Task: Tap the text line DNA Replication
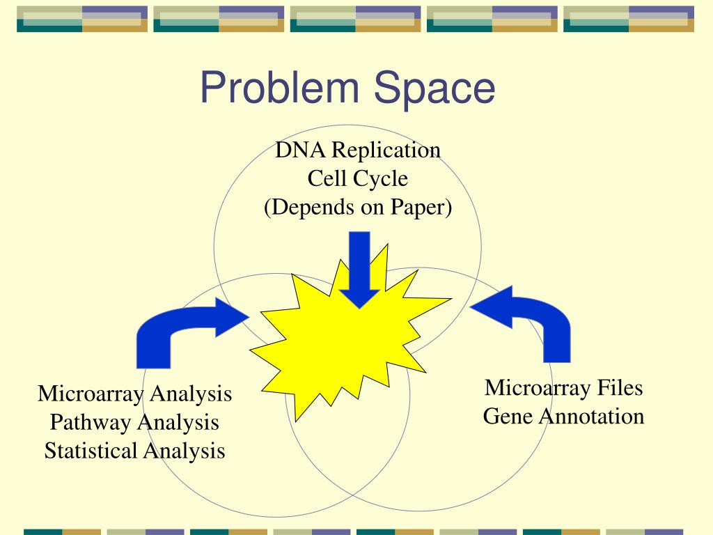(357, 150)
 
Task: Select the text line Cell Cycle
(357, 179)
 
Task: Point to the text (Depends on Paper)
(357, 208)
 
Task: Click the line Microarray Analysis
(134, 394)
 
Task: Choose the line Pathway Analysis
(134, 422)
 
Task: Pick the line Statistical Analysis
(134, 451)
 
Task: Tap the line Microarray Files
(563, 387)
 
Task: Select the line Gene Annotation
(563, 417)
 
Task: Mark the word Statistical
(91, 451)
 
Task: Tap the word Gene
(506, 417)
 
